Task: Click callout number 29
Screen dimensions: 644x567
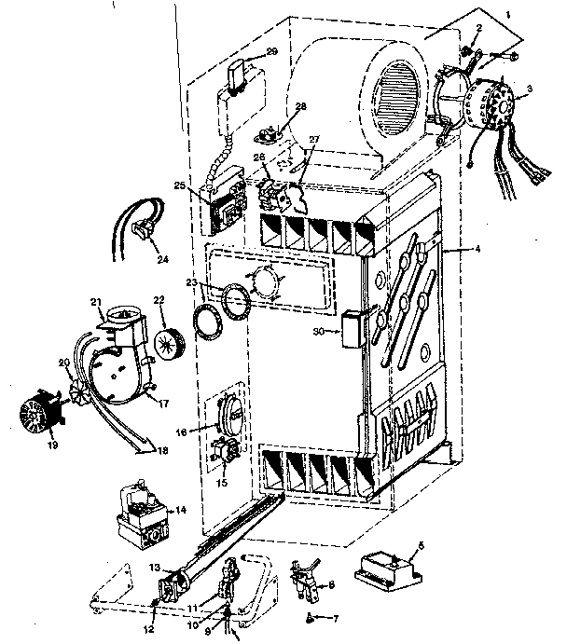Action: [x=271, y=51]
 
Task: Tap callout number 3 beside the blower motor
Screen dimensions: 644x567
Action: [x=530, y=89]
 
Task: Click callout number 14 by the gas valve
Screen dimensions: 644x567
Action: [x=180, y=511]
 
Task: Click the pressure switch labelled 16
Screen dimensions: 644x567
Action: [x=225, y=411]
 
